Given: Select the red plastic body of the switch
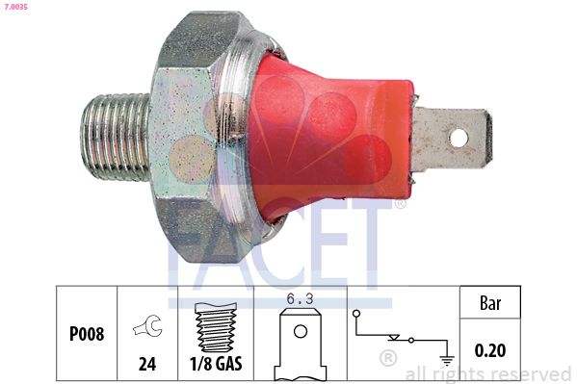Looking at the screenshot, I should (328, 135).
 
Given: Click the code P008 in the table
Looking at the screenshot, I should (87, 335).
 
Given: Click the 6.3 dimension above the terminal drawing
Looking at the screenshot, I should (302, 300).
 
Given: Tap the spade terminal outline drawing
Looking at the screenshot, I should (302, 346).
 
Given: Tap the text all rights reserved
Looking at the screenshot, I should (487, 373).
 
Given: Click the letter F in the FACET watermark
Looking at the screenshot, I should (193, 241).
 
